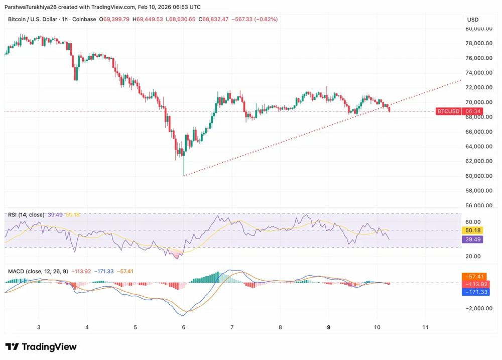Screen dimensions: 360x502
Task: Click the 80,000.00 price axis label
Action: pos(480,29)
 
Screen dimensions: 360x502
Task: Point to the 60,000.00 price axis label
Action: pos(480,176)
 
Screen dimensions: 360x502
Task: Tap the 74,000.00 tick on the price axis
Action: pos(480,73)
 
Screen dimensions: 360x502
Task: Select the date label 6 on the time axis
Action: pos(184,327)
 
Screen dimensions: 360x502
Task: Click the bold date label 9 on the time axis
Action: pos(329,327)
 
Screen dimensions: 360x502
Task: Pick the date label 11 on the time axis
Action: pos(425,327)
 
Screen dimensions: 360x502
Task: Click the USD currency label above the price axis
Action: pos(473,20)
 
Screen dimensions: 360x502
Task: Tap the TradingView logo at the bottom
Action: pos(41,347)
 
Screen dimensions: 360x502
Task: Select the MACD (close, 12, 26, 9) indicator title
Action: pos(38,272)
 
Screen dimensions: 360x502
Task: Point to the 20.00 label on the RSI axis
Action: pos(474,257)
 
